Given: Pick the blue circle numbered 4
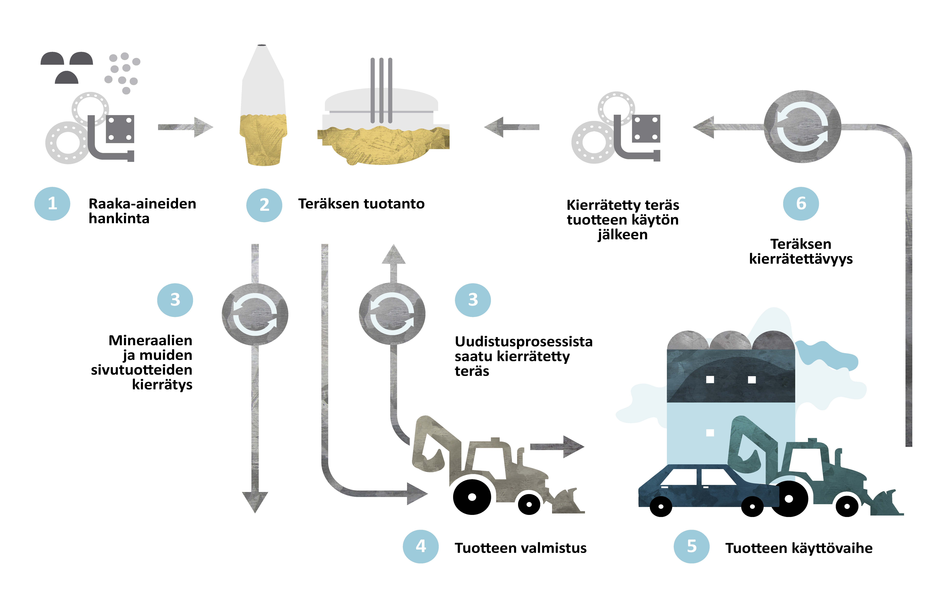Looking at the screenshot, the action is pos(421,546).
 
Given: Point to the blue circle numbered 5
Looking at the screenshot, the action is pos(692,546).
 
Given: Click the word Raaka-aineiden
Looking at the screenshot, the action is pos(142,204).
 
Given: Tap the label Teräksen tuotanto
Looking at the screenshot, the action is pos(361,204).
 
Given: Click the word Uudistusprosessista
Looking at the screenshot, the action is pos(524,342).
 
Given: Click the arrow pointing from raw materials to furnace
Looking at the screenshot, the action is pos(185,127).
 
